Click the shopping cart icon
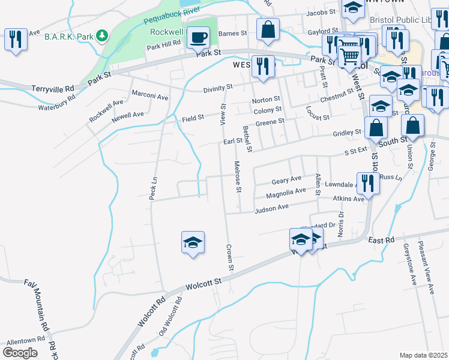point(349,56)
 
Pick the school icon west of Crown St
point(193,242)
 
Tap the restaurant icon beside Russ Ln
point(367,182)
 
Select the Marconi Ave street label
point(150,95)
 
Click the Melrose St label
point(238,177)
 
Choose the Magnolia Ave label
point(286,193)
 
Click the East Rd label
point(381,240)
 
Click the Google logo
point(20,352)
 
